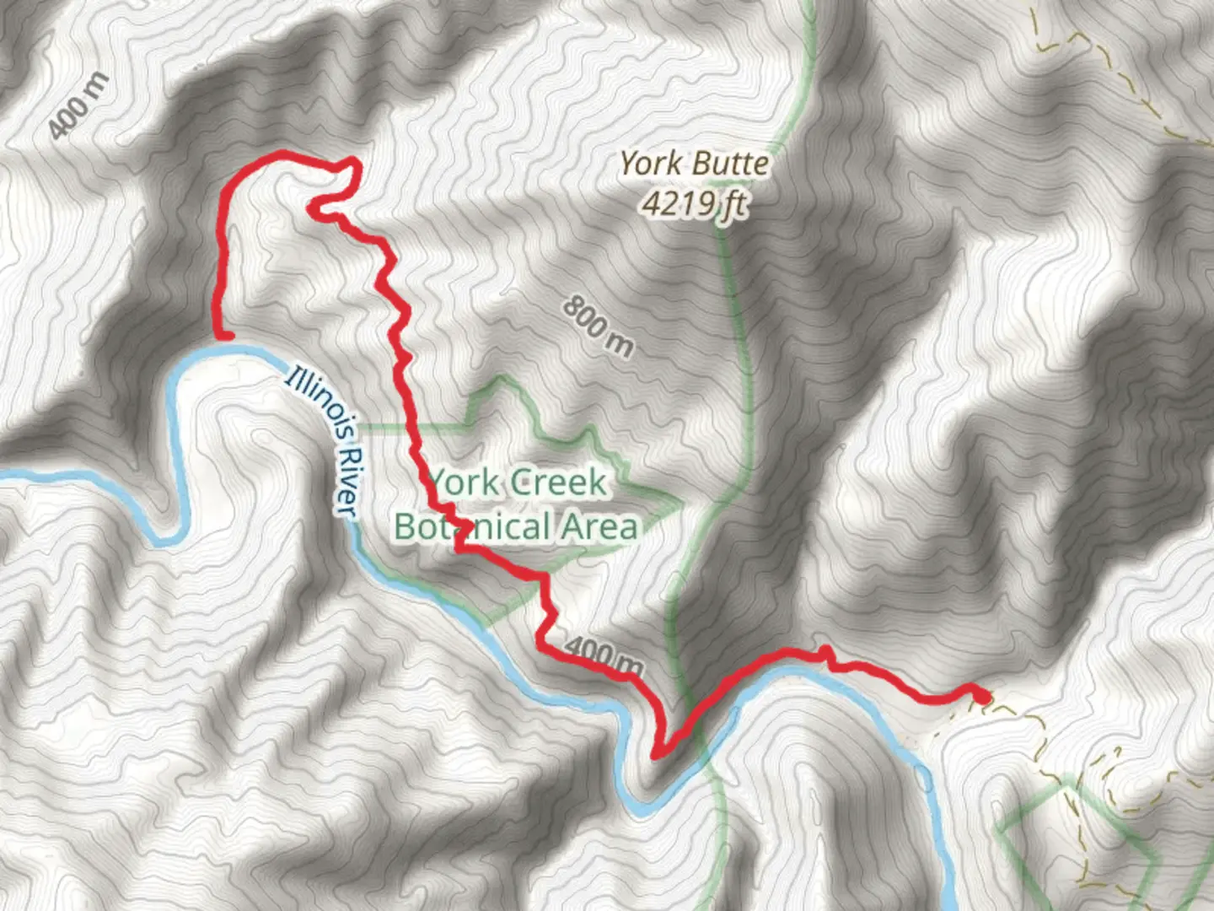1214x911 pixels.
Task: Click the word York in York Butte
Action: click(648, 164)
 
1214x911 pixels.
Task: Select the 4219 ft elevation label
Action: click(693, 202)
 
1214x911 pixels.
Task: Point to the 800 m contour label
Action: click(598, 326)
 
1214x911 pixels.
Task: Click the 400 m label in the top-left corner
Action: click(78, 105)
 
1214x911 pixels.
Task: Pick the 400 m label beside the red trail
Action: click(603, 657)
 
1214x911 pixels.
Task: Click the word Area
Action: click(599, 527)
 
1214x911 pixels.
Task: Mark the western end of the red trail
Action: click(225, 337)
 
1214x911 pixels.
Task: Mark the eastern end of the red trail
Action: click(983, 697)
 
